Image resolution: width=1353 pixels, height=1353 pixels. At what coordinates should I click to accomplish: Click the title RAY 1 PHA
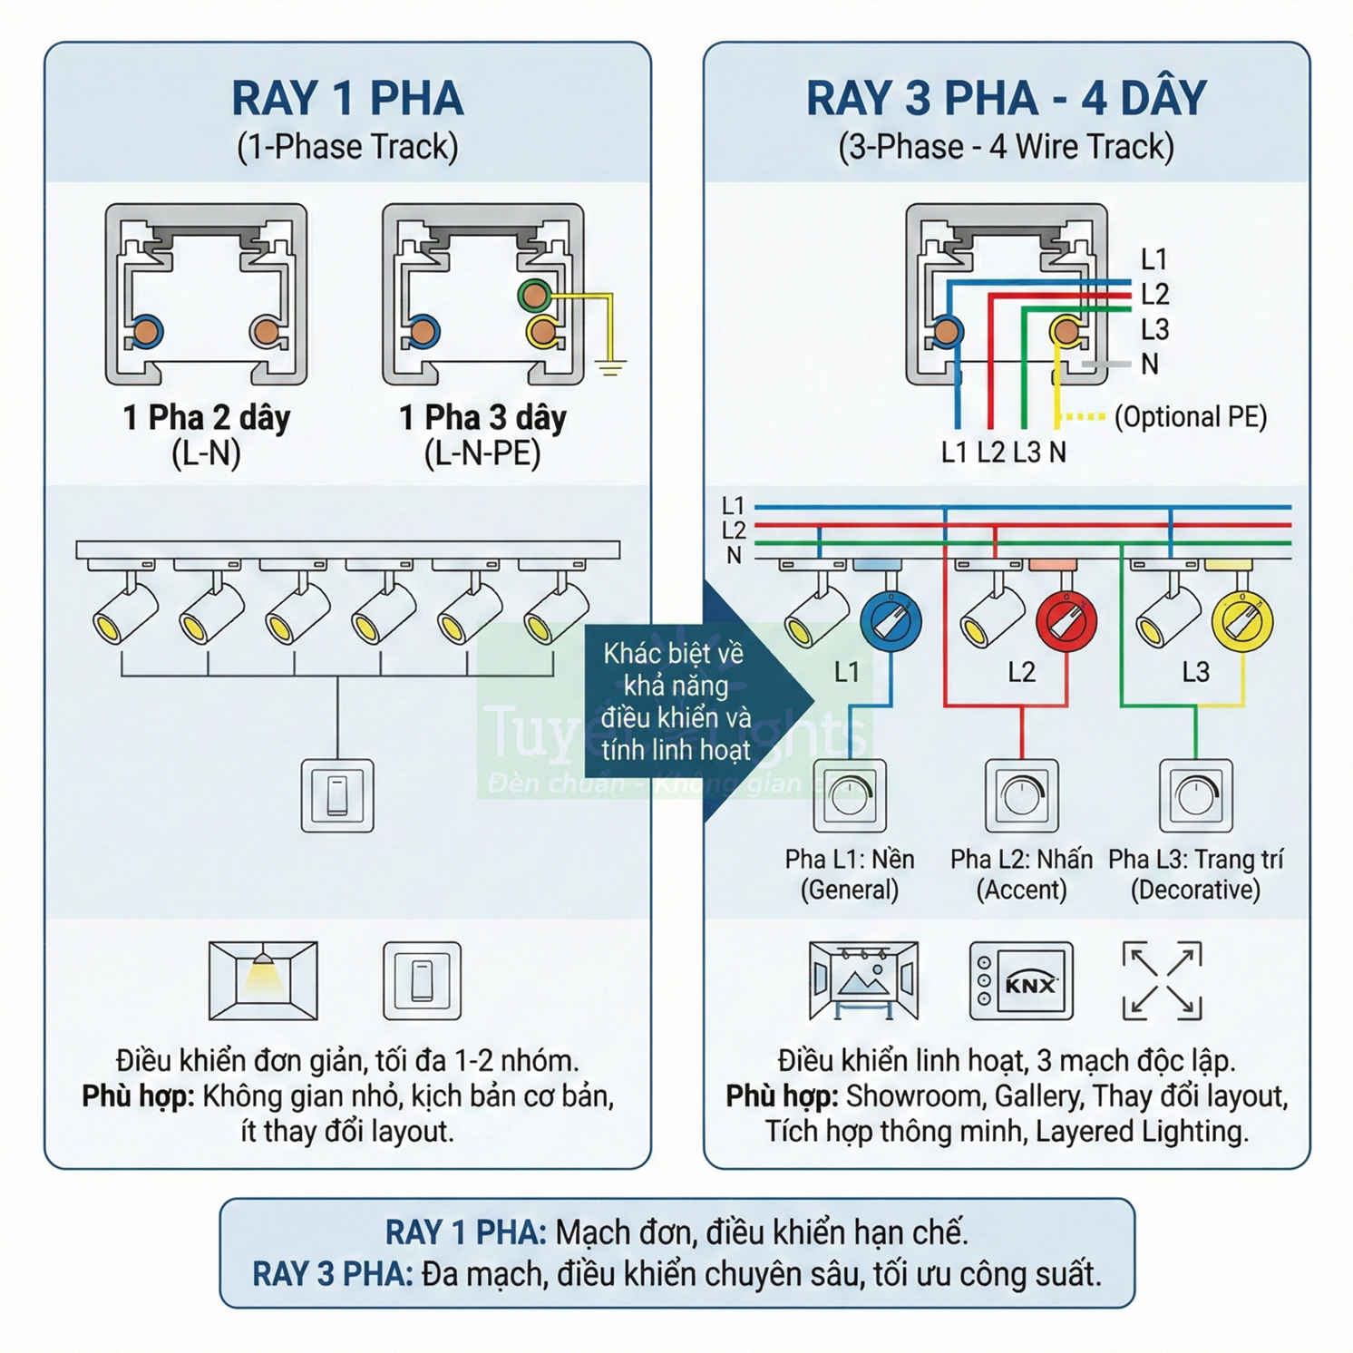(x=347, y=98)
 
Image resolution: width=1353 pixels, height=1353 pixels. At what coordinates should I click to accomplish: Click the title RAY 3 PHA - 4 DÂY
(x=1006, y=98)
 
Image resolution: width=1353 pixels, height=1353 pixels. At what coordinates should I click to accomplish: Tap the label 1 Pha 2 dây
(x=207, y=418)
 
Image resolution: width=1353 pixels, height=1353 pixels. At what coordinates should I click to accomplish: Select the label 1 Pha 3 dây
(x=482, y=418)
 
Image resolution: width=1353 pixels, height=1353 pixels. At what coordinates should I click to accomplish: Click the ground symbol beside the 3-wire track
(x=611, y=367)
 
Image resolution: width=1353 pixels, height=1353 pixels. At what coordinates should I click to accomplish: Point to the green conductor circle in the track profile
(x=534, y=295)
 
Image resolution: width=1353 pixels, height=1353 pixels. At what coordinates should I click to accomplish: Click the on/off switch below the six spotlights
(x=337, y=795)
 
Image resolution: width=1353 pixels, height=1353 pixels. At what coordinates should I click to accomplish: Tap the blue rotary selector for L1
(x=891, y=621)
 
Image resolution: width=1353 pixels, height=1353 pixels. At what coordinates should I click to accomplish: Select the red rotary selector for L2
(x=1066, y=621)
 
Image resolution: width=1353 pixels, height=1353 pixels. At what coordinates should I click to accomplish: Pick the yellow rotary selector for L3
(x=1242, y=621)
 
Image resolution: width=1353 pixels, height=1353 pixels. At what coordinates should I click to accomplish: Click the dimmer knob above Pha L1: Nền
(x=850, y=795)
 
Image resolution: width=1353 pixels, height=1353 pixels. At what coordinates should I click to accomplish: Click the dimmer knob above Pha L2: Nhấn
(x=1022, y=795)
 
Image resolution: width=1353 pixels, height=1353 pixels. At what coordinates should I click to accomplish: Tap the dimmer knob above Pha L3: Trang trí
(x=1196, y=795)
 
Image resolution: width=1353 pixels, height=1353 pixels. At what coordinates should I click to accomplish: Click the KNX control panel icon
(x=1021, y=981)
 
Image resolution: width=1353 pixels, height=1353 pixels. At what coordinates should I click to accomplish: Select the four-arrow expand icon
(x=1162, y=981)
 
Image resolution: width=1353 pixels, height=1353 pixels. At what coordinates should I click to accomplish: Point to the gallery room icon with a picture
(x=863, y=981)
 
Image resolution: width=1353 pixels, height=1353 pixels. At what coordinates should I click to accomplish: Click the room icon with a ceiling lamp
(x=263, y=981)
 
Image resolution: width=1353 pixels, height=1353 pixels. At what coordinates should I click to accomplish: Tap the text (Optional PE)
(x=1190, y=416)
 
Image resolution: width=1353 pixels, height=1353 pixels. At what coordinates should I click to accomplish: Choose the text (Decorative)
(x=1195, y=890)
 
